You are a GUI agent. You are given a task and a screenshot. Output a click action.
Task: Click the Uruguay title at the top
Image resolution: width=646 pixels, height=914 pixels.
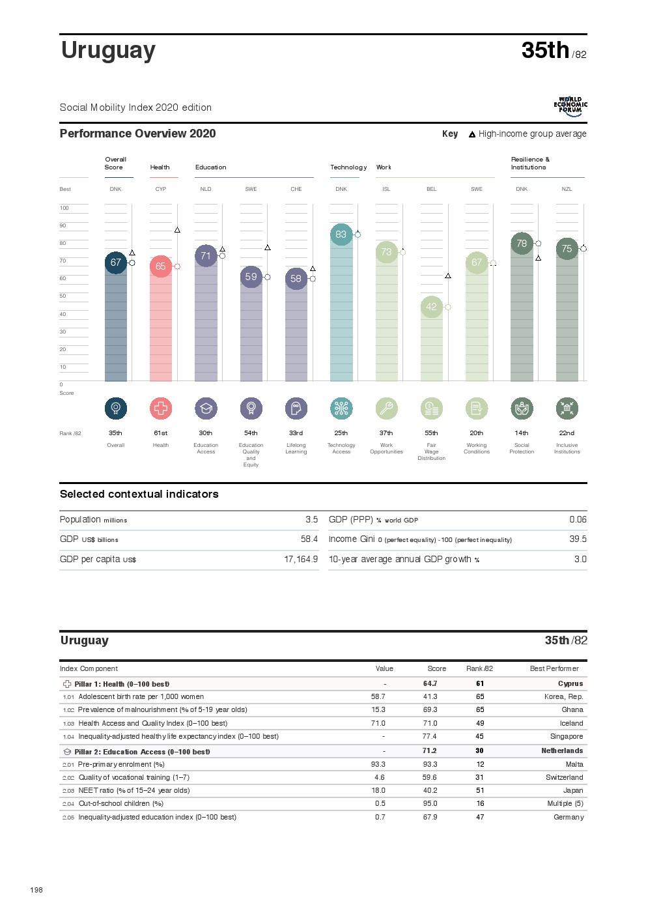click(108, 51)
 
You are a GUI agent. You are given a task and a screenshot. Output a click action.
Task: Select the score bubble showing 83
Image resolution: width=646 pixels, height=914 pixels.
click(341, 235)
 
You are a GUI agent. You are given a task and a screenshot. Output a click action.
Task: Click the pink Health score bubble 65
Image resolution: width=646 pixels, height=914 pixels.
click(161, 266)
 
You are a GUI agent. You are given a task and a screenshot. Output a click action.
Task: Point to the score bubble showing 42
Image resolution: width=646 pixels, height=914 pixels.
click(431, 307)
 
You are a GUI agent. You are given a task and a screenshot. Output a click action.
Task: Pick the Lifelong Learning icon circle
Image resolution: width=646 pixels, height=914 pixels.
click(296, 408)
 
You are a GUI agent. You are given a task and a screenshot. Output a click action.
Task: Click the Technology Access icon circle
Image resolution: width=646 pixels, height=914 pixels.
click(341, 408)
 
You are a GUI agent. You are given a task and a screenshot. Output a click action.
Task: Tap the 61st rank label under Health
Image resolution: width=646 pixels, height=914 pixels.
click(161, 433)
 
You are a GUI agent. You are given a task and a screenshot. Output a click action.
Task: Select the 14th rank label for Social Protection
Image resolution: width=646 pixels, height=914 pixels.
click(522, 433)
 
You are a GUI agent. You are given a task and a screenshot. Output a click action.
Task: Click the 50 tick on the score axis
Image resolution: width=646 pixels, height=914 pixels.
click(63, 296)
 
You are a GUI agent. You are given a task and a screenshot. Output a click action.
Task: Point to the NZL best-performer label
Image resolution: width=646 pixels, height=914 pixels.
click(567, 190)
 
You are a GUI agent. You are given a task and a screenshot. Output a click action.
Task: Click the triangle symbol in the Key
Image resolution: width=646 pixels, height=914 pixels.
click(472, 135)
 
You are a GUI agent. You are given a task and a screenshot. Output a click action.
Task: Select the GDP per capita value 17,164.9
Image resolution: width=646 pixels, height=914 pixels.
click(301, 560)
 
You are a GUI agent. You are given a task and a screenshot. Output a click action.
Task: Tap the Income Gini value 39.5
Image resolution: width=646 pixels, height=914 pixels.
click(578, 539)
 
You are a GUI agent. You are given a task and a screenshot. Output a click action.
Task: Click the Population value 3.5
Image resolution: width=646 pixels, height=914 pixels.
click(311, 520)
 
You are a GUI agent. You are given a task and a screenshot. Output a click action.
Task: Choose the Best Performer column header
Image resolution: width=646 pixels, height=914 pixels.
click(554, 669)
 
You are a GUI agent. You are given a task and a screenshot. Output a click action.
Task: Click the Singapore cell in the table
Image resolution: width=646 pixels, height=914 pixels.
click(566, 737)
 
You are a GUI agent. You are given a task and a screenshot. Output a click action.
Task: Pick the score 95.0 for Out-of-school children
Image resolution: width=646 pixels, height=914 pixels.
click(430, 804)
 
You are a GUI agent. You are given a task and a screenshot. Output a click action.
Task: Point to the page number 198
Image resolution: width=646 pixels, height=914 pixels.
click(36, 890)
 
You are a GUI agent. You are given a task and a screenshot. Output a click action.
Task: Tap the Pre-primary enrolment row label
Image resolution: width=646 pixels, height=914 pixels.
click(121, 765)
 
